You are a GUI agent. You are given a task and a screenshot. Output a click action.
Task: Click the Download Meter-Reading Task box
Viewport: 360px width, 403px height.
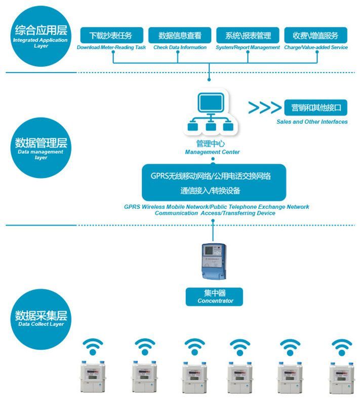pos(111,35)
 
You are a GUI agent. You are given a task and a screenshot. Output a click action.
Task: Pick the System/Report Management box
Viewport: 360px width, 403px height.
pos(248,35)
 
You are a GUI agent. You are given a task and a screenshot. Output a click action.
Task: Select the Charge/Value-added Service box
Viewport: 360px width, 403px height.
pos(316,35)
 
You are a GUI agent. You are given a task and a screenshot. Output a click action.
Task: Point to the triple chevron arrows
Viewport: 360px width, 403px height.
pos(264,107)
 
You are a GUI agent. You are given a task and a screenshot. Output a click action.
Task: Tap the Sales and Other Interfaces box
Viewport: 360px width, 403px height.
pos(316,107)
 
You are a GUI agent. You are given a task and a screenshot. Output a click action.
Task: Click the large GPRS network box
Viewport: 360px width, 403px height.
pos(213,182)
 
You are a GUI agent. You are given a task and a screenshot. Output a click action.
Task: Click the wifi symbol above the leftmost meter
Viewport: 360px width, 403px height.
pos(93,347)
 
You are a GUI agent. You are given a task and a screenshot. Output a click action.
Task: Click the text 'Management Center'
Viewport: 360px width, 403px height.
pos(212,152)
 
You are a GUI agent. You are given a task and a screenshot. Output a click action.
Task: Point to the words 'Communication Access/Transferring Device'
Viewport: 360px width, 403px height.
pos(215,213)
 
